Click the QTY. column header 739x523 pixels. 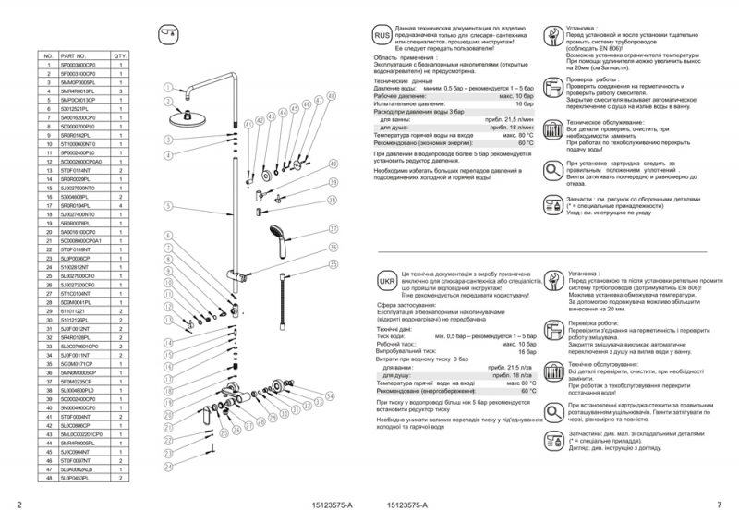click(120, 56)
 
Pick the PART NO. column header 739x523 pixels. click(74, 56)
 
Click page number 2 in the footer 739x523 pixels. click(20, 505)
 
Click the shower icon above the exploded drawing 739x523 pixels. click(168, 33)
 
